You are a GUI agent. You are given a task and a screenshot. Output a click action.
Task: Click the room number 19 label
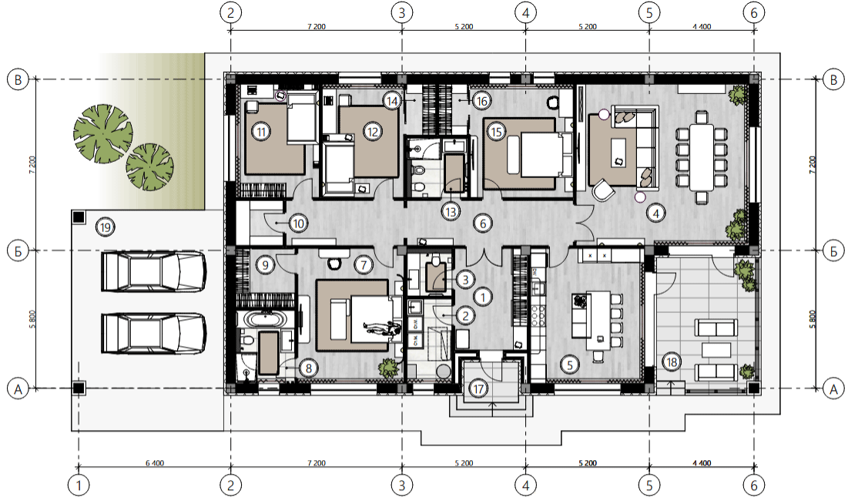[105, 227]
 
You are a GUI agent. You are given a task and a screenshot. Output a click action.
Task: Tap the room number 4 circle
[656, 214]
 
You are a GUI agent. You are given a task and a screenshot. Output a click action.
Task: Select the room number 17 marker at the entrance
[478, 388]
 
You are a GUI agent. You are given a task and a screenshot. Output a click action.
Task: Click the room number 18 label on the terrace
[672, 362]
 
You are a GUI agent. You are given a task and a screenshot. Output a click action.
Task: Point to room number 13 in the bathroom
[451, 211]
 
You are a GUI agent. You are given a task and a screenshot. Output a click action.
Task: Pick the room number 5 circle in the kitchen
[569, 365]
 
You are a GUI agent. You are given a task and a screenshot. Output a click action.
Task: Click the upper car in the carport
[154, 271]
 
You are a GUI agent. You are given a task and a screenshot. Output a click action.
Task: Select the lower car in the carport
[154, 334]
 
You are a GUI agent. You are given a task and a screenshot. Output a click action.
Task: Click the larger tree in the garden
[102, 133]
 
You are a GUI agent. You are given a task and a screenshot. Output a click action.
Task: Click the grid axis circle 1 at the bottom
[79, 486]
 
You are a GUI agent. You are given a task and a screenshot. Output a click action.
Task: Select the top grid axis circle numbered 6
[755, 12]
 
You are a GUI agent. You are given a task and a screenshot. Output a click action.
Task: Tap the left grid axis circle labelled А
[18, 388]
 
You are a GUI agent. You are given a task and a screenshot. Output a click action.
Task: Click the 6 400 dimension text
[155, 463]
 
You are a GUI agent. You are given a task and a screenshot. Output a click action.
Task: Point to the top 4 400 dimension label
[702, 26]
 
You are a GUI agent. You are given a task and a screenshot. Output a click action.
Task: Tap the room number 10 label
[298, 223]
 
